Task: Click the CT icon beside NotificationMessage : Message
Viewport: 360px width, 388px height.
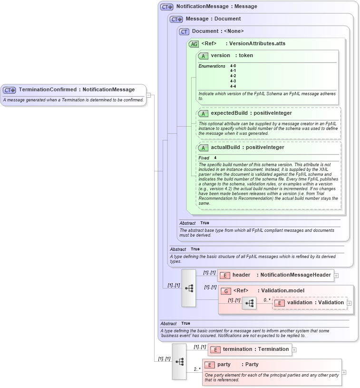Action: point(166,7)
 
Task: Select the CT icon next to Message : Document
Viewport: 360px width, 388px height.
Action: point(176,19)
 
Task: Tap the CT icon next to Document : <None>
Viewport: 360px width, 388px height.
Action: point(184,31)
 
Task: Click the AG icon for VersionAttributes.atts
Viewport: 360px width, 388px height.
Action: point(194,44)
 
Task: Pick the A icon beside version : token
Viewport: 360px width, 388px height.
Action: point(203,56)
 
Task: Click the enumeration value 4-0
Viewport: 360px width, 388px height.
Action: point(233,66)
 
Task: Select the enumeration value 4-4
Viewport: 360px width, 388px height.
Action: point(233,86)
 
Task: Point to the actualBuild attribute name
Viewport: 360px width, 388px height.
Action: point(225,148)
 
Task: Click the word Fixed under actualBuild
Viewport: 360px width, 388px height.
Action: point(204,158)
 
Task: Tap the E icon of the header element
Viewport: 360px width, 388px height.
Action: point(224,275)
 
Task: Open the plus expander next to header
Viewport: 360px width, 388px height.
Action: point(336,275)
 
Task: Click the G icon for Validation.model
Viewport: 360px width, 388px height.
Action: point(227,291)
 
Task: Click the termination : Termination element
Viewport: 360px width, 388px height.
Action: point(250,349)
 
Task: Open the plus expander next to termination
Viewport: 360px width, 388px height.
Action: point(294,349)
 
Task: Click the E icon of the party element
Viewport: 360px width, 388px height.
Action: point(210,365)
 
